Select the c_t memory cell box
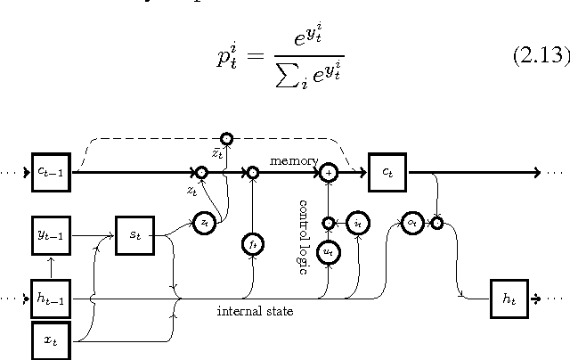tap(387, 172)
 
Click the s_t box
tap(134, 237)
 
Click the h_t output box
tap(509, 298)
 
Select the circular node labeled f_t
tap(253, 242)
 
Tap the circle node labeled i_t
tap(357, 222)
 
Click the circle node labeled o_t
tap(411, 223)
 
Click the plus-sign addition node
tap(329, 172)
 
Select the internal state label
tap(256, 311)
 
